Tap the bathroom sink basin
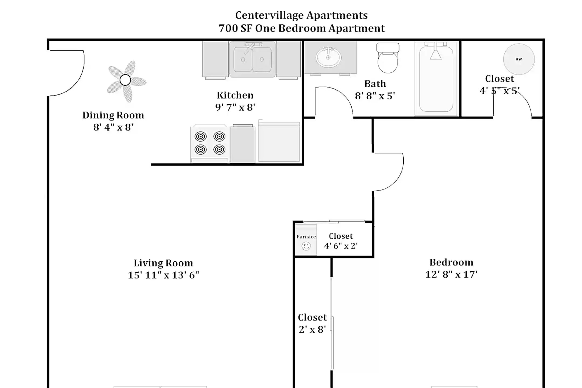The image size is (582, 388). (328, 57)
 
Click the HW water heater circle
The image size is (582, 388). (519, 59)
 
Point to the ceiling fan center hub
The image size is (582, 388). (125, 80)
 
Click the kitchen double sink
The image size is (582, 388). (252, 60)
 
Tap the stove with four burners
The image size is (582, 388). (210, 143)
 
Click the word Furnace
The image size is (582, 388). (306, 237)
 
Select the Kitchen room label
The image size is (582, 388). (235, 95)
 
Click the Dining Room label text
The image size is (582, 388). (113, 115)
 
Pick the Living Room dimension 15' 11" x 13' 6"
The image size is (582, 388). (163, 275)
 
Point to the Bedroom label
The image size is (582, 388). (451, 262)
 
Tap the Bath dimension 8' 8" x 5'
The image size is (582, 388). (375, 96)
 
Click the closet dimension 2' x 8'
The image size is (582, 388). (312, 329)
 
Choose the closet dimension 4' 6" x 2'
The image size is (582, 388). (341, 246)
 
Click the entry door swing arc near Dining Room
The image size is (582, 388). (78, 81)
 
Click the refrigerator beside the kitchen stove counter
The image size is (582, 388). (279, 142)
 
